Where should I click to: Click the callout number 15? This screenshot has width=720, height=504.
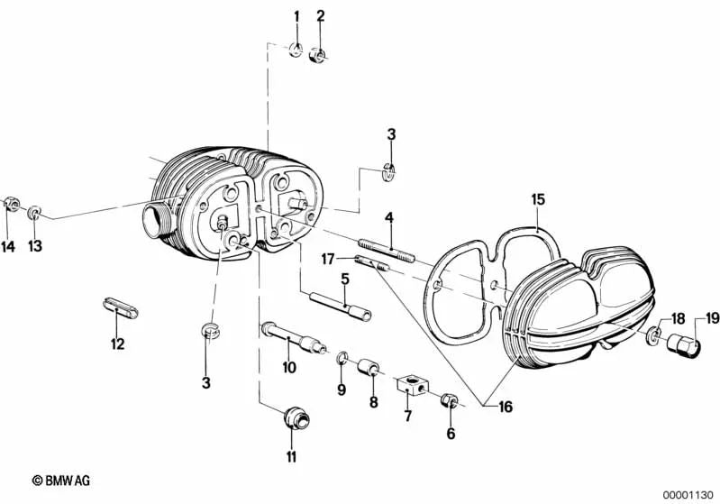538,200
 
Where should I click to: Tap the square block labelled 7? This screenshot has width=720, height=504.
412,385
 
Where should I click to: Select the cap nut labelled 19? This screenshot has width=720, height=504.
683,346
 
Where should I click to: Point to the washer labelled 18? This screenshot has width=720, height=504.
654,335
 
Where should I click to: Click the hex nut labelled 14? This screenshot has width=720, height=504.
12,204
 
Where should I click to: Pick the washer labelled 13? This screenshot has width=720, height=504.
34,213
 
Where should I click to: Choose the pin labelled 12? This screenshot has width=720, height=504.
119,307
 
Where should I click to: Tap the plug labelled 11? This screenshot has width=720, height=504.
296,417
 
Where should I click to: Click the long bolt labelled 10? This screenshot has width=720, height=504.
294,339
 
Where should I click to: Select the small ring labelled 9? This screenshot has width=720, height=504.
342,357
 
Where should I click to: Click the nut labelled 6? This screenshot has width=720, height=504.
448,400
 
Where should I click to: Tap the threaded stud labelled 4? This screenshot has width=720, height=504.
387,250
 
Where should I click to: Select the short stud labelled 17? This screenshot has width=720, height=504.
372,264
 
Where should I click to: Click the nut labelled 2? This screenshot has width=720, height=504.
317,55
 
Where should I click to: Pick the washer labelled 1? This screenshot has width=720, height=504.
296,50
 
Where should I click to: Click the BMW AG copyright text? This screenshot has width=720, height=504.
61,481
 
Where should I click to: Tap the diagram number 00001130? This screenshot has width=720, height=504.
688,495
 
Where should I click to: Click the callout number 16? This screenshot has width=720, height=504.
506,407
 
